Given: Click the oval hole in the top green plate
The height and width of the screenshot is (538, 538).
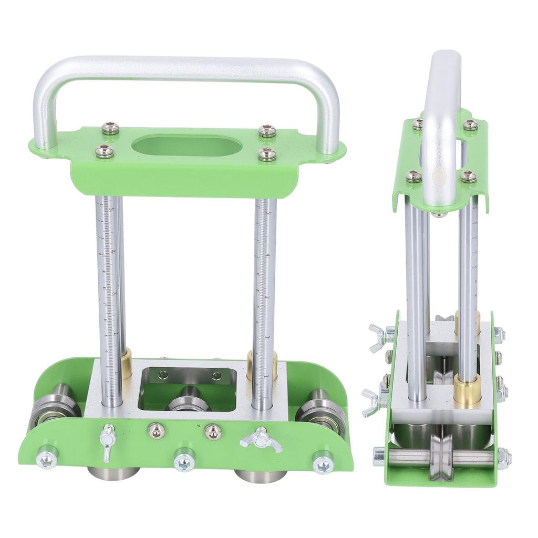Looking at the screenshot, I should [187, 145].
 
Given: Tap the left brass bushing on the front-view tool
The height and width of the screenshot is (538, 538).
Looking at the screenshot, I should [126, 363].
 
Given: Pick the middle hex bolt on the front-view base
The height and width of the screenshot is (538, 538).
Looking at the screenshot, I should [184, 461].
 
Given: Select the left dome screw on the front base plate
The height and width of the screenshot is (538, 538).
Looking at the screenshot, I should [156, 431].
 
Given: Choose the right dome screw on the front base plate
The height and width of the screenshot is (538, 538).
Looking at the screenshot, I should [213, 431].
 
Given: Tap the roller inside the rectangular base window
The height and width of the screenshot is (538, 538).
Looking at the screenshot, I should [188, 400].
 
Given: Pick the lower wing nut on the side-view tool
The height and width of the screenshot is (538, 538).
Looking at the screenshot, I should [375, 402].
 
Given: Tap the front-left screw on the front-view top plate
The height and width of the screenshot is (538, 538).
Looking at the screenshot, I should [104, 151].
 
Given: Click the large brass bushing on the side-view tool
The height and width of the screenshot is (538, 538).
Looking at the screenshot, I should [467, 389].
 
